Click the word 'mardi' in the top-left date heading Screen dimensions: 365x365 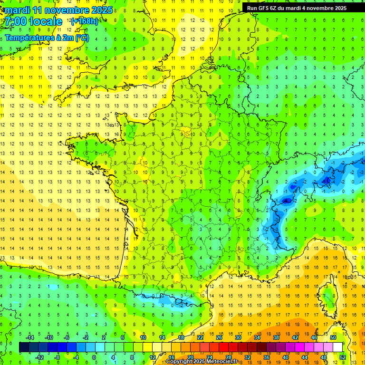[19, 10]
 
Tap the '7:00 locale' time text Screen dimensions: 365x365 [34, 21]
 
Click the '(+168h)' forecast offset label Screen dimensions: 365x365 [84, 21]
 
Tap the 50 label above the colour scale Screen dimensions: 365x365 [333, 337]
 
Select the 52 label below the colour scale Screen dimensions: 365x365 [343, 357]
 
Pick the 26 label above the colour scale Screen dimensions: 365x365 [219, 337]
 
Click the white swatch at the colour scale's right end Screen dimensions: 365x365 [337, 347]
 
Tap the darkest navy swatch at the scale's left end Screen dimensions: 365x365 [24, 347]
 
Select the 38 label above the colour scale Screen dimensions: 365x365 [276, 337]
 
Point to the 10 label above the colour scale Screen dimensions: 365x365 [143, 337]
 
